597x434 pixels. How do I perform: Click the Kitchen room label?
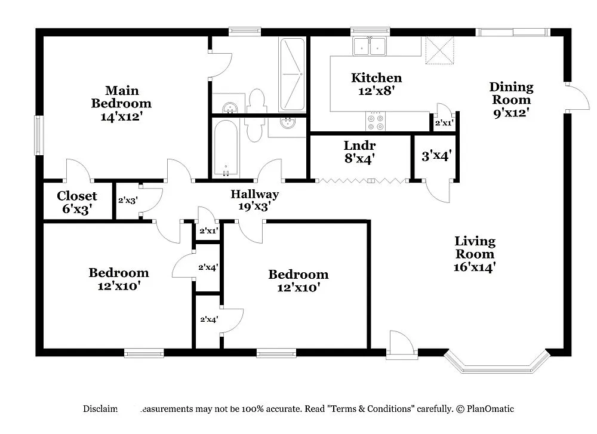[376, 78]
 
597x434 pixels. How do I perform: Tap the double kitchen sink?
[370, 47]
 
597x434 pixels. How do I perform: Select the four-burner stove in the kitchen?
[376, 122]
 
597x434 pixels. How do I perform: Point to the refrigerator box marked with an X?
[439, 50]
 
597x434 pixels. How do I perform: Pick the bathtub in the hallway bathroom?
[226, 148]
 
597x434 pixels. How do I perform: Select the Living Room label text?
[475, 248]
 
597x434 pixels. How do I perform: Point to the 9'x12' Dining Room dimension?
[510, 112]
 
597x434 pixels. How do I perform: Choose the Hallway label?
[255, 194]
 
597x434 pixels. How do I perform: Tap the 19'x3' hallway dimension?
[255, 207]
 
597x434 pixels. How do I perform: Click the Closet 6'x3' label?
[77, 202]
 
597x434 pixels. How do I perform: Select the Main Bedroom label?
[122, 97]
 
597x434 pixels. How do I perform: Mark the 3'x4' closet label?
[436, 156]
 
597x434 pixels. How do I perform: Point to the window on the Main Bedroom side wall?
[38, 136]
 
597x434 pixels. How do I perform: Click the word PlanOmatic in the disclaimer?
[490, 409]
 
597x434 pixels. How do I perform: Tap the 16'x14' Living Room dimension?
[475, 267]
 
